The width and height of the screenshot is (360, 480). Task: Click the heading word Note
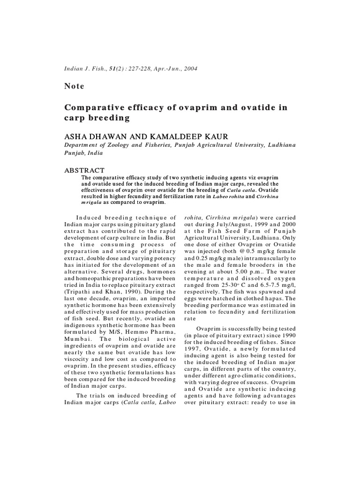click(x=74, y=86)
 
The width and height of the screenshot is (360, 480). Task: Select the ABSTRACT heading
click(x=84, y=170)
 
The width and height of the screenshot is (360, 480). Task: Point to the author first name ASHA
click(x=75, y=136)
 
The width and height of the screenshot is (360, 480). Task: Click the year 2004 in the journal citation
click(x=190, y=69)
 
